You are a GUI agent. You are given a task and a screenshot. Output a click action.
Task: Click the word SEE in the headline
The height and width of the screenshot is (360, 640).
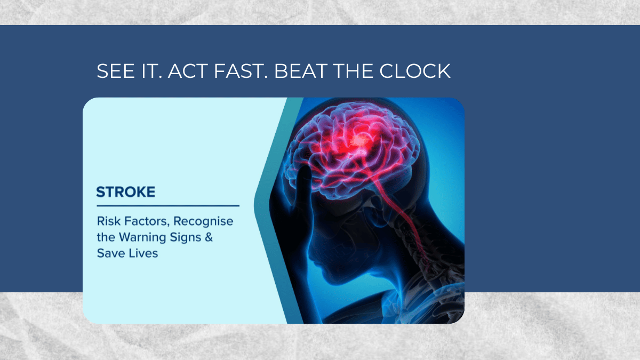116,71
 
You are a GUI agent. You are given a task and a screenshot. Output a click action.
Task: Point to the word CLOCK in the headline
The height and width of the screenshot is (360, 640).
415,71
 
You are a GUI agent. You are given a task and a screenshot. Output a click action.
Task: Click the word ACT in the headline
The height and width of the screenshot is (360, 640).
188,71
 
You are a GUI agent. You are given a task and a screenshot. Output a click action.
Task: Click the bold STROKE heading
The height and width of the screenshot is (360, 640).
126,192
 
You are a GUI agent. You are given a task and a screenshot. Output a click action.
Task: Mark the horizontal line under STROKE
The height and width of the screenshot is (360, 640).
168,206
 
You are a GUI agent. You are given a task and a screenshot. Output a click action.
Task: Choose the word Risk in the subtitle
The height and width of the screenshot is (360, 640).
109,221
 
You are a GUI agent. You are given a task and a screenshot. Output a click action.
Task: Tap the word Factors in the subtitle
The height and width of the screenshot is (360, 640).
147,221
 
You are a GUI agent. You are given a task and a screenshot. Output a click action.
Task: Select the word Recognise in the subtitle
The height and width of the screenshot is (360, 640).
203,222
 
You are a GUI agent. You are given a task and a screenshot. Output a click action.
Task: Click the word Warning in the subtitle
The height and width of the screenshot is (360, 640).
142,238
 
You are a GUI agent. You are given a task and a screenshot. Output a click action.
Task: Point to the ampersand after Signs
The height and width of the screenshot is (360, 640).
209,237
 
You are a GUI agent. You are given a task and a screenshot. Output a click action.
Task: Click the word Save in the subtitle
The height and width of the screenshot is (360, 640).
111,253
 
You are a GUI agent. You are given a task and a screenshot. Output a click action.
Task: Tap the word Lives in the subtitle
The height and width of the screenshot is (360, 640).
143,253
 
